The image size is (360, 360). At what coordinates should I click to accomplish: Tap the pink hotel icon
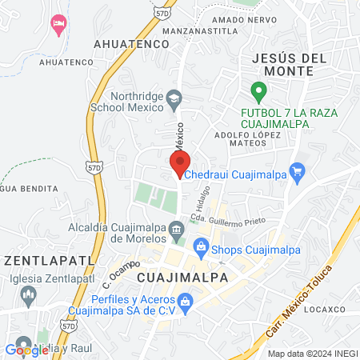[58, 23]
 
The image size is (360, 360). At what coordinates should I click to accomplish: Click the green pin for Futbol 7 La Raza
[258, 91]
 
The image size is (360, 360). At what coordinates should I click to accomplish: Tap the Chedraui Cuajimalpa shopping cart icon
[298, 170]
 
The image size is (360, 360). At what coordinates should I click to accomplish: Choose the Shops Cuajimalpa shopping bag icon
[201, 249]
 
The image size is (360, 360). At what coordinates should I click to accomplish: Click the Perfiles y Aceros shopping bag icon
[186, 302]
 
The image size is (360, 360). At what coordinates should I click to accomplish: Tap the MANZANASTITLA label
[201, 30]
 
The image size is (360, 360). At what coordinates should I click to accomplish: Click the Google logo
[27, 349]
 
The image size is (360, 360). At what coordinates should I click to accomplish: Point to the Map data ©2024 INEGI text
[312, 354]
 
